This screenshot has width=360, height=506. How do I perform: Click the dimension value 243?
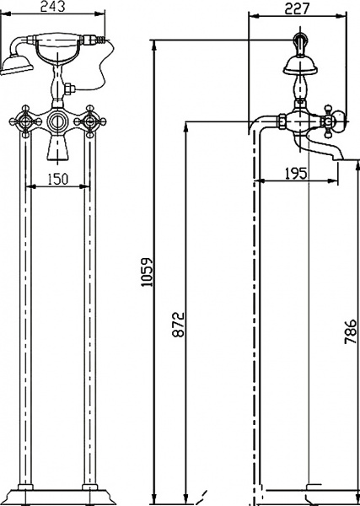click(x=56, y=8)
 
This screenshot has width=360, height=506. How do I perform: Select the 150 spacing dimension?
click(x=58, y=180)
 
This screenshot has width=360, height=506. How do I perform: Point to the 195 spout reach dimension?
click(x=296, y=174)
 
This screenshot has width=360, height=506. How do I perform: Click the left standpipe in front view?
click(x=26, y=312)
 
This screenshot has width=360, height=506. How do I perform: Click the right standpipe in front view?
click(x=89, y=312)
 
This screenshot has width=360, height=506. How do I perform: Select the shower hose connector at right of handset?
click(x=100, y=39)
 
